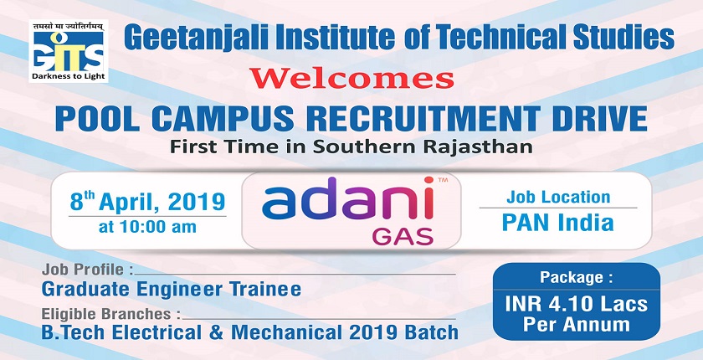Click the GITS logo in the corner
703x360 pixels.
(69, 51)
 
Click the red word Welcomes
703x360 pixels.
(351, 78)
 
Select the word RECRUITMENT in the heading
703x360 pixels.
(423, 118)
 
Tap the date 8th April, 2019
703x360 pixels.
(147, 201)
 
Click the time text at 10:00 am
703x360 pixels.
(147, 227)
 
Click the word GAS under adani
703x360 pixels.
(403, 236)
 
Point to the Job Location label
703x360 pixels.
(558, 197)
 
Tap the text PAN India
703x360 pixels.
(557, 222)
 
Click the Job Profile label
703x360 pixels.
(87, 270)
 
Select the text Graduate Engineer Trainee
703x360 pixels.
(172, 289)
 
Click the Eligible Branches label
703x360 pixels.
(111, 314)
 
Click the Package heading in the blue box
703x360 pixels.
(576, 277)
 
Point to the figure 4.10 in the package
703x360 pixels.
(567, 304)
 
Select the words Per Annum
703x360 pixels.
(576, 325)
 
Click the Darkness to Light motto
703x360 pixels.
(69, 76)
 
